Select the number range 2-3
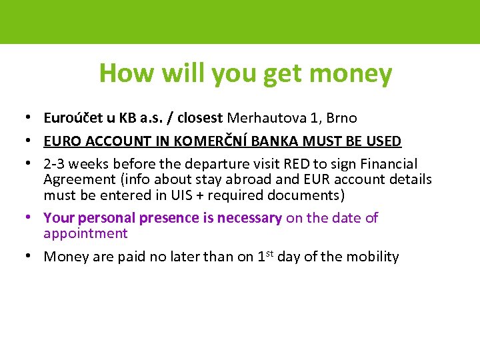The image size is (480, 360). (x=56, y=164)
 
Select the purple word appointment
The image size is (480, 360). (x=85, y=233)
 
